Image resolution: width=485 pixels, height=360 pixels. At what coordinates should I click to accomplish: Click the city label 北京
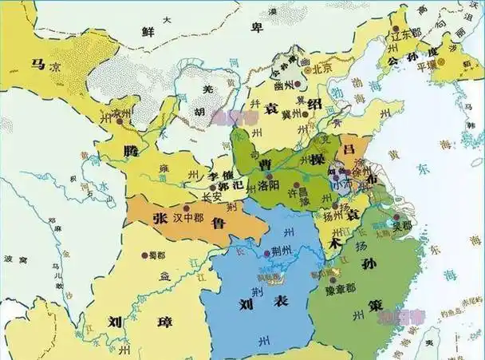pyautogui.click(x=324, y=69)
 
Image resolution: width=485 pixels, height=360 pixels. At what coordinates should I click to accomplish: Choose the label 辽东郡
pyautogui.click(x=405, y=37)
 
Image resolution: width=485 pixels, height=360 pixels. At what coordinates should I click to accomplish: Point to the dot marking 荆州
pyautogui.click(x=267, y=254)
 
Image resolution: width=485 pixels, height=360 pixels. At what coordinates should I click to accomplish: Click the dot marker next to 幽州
pyautogui.click(x=296, y=82)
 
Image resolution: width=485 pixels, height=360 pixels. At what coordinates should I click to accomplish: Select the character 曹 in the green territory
pyautogui.click(x=263, y=164)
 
